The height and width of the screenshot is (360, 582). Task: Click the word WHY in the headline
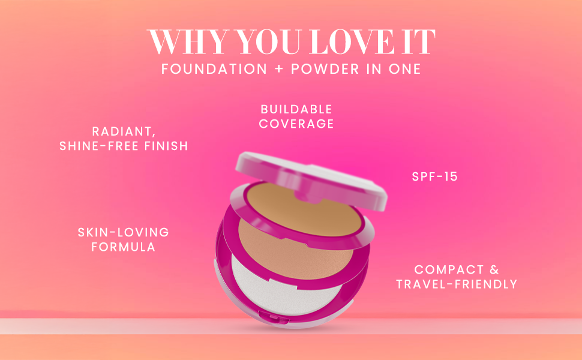[189, 41]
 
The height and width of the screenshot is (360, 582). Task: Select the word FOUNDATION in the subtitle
[214, 68]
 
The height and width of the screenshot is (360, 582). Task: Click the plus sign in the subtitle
[279, 69]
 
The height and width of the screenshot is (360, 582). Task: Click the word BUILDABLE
[296, 109]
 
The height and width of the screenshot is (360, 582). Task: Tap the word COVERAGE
[296, 124]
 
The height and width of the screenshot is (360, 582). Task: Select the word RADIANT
[124, 131]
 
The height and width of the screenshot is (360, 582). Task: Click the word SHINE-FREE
[99, 146]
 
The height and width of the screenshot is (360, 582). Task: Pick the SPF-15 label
[434, 176]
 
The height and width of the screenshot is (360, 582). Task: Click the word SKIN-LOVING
[123, 232]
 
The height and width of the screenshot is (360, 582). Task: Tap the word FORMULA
[123, 247]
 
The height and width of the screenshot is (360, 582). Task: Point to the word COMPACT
[449, 269]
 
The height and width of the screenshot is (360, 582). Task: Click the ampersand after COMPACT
[494, 269]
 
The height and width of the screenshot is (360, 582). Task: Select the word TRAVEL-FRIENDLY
[457, 284]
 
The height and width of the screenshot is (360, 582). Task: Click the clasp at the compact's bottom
[274, 317]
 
